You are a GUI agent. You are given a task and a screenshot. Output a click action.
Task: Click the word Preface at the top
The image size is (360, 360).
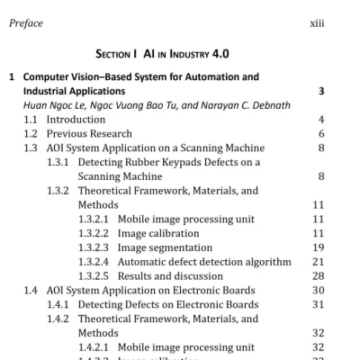tap(25, 23)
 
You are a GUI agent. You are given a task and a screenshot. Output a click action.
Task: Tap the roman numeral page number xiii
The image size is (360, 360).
tap(315, 23)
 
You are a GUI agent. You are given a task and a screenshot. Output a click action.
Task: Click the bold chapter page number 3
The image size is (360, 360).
tap(321, 92)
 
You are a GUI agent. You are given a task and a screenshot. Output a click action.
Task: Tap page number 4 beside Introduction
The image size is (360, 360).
tap(321, 120)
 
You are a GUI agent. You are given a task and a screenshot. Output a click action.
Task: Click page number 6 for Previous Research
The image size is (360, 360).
tap(321, 134)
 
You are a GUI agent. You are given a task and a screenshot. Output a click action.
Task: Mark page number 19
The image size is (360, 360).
tap(319, 247)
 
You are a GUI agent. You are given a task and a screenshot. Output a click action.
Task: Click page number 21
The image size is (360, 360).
tap(319, 262)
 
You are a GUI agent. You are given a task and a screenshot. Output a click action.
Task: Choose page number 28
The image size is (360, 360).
tap(319, 275)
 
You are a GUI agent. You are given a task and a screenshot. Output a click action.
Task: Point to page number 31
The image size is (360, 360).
tap(319, 304)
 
